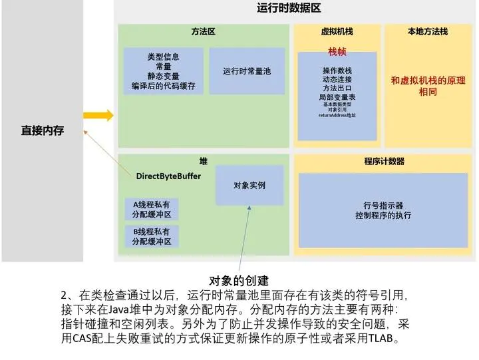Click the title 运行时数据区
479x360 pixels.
tap(289, 8)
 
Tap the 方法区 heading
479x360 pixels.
tap(203, 31)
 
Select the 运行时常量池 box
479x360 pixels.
tap(247, 71)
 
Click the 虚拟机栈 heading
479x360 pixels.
tap(337, 31)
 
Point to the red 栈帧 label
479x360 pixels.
tap(337, 51)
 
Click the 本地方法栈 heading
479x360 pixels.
tap(428, 31)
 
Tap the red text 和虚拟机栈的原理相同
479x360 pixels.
tap(428, 86)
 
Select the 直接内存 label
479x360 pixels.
tap(43, 130)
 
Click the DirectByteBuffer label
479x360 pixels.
tap(168, 176)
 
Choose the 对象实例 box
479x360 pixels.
tap(249, 186)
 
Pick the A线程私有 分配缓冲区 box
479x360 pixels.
tap(152, 210)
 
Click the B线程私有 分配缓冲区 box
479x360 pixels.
tap(152, 236)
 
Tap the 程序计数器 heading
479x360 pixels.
tap(384, 161)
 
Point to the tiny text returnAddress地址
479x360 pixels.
tap(337, 116)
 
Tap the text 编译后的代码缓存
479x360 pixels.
tap(163, 86)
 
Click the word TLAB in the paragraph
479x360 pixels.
tap(383, 339)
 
